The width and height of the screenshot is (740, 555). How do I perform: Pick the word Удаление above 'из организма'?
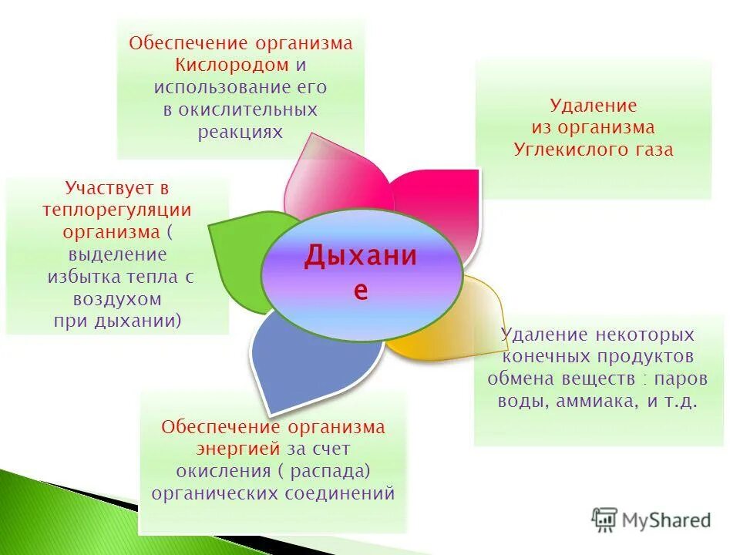click(x=593, y=105)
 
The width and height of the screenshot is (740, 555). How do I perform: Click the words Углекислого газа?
click(x=593, y=150)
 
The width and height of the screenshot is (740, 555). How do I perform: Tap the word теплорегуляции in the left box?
click(x=116, y=210)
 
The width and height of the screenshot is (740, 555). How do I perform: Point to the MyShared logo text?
click(x=666, y=520)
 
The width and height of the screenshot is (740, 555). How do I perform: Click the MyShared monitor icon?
click(x=604, y=520)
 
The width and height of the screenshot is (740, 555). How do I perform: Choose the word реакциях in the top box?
click(x=240, y=132)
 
